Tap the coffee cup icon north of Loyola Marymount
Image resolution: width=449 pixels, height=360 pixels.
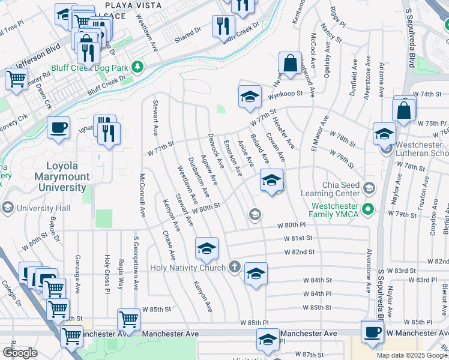click(58, 128)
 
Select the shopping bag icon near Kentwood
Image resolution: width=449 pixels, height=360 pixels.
click(290, 63)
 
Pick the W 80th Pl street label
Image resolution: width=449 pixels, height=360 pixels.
click(291, 226)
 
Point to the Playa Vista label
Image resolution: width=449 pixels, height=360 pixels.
click(132, 5)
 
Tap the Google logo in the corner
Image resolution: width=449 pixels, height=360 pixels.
click(20, 353)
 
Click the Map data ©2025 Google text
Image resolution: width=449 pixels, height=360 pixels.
click(412, 355)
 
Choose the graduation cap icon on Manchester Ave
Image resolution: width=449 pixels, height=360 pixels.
click(268, 340)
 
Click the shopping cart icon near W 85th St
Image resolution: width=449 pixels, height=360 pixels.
click(130, 319)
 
